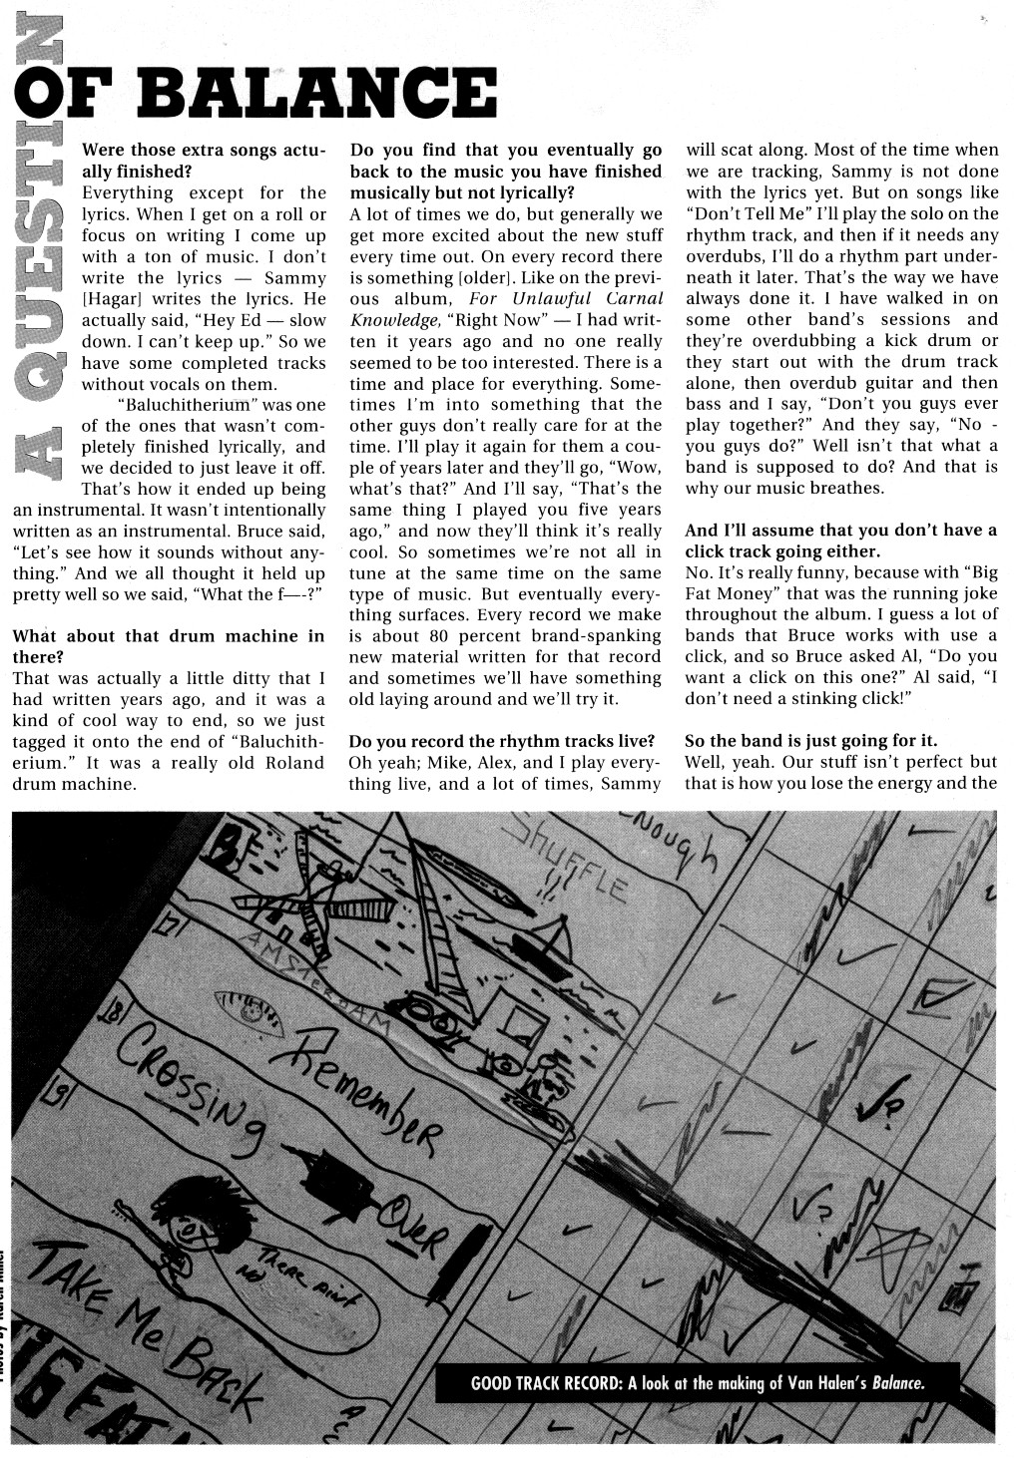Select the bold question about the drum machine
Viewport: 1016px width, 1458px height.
click(168, 646)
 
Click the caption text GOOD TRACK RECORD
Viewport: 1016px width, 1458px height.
click(547, 1382)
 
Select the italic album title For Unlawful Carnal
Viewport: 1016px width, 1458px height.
click(565, 299)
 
